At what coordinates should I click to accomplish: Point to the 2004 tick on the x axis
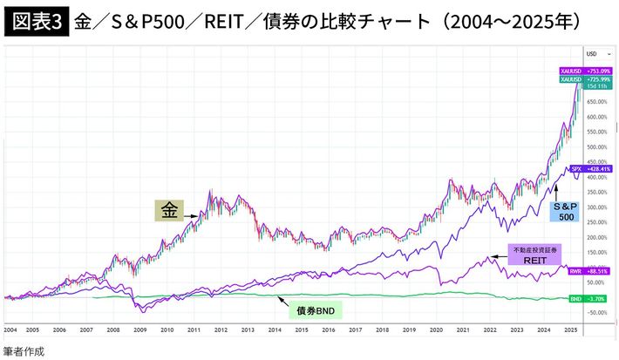10,331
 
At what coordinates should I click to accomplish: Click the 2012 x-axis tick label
221,331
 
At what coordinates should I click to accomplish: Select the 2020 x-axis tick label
436,331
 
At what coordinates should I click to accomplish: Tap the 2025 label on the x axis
570,331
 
